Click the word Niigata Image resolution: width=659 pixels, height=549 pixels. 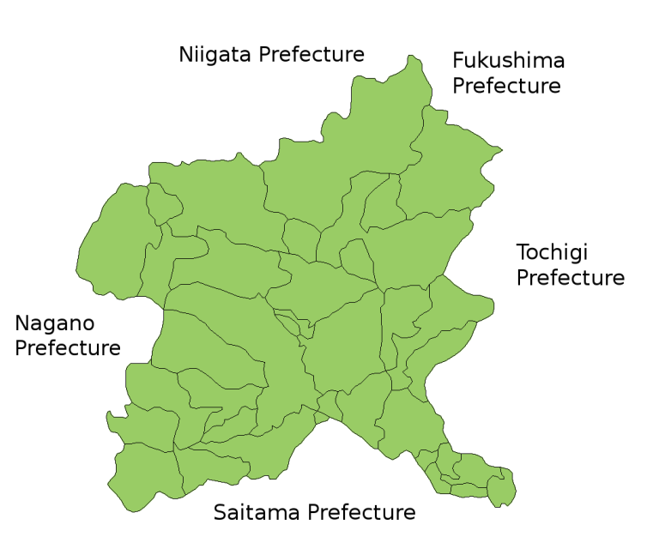(215, 55)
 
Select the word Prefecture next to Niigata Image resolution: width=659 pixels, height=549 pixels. (311, 55)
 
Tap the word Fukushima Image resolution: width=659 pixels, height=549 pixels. (509, 61)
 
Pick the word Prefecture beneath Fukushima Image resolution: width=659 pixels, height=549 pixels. (506, 86)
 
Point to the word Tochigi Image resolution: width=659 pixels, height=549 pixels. (553, 254)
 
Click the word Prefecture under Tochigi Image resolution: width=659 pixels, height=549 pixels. (571, 278)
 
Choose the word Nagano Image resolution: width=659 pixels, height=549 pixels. (55, 324)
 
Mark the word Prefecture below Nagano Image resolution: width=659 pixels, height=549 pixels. (68, 348)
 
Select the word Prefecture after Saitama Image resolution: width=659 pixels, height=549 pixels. (362, 513)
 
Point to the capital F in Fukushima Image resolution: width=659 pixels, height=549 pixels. (459, 61)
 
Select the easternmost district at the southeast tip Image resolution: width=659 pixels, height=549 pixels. (502, 487)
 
